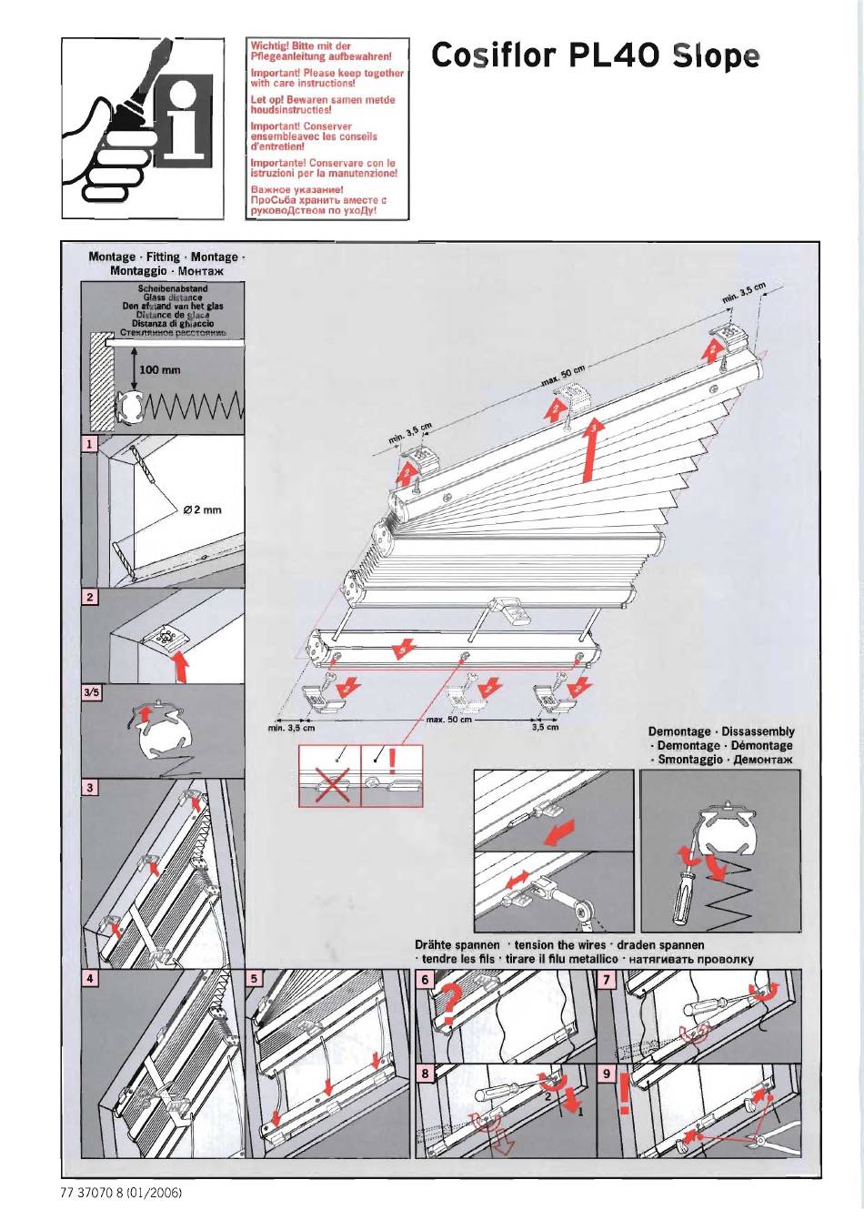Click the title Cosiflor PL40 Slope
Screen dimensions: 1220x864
click(595, 56)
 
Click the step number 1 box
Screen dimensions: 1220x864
click(89, 445)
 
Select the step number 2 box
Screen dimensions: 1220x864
click(89, 598)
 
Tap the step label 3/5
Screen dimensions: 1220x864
click(91, 693)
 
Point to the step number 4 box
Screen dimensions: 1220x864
click(89, 980)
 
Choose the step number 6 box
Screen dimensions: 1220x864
click(425, 980)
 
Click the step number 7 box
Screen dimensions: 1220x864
click(608, 980)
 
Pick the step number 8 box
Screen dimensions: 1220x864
click(425, 1074)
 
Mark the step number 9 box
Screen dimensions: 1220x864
click(608, 1074)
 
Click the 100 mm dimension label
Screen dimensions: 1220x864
click(160, 369)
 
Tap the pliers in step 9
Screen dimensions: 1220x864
click(773, 1135)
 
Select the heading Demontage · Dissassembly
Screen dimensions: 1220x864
click(721, 731)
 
